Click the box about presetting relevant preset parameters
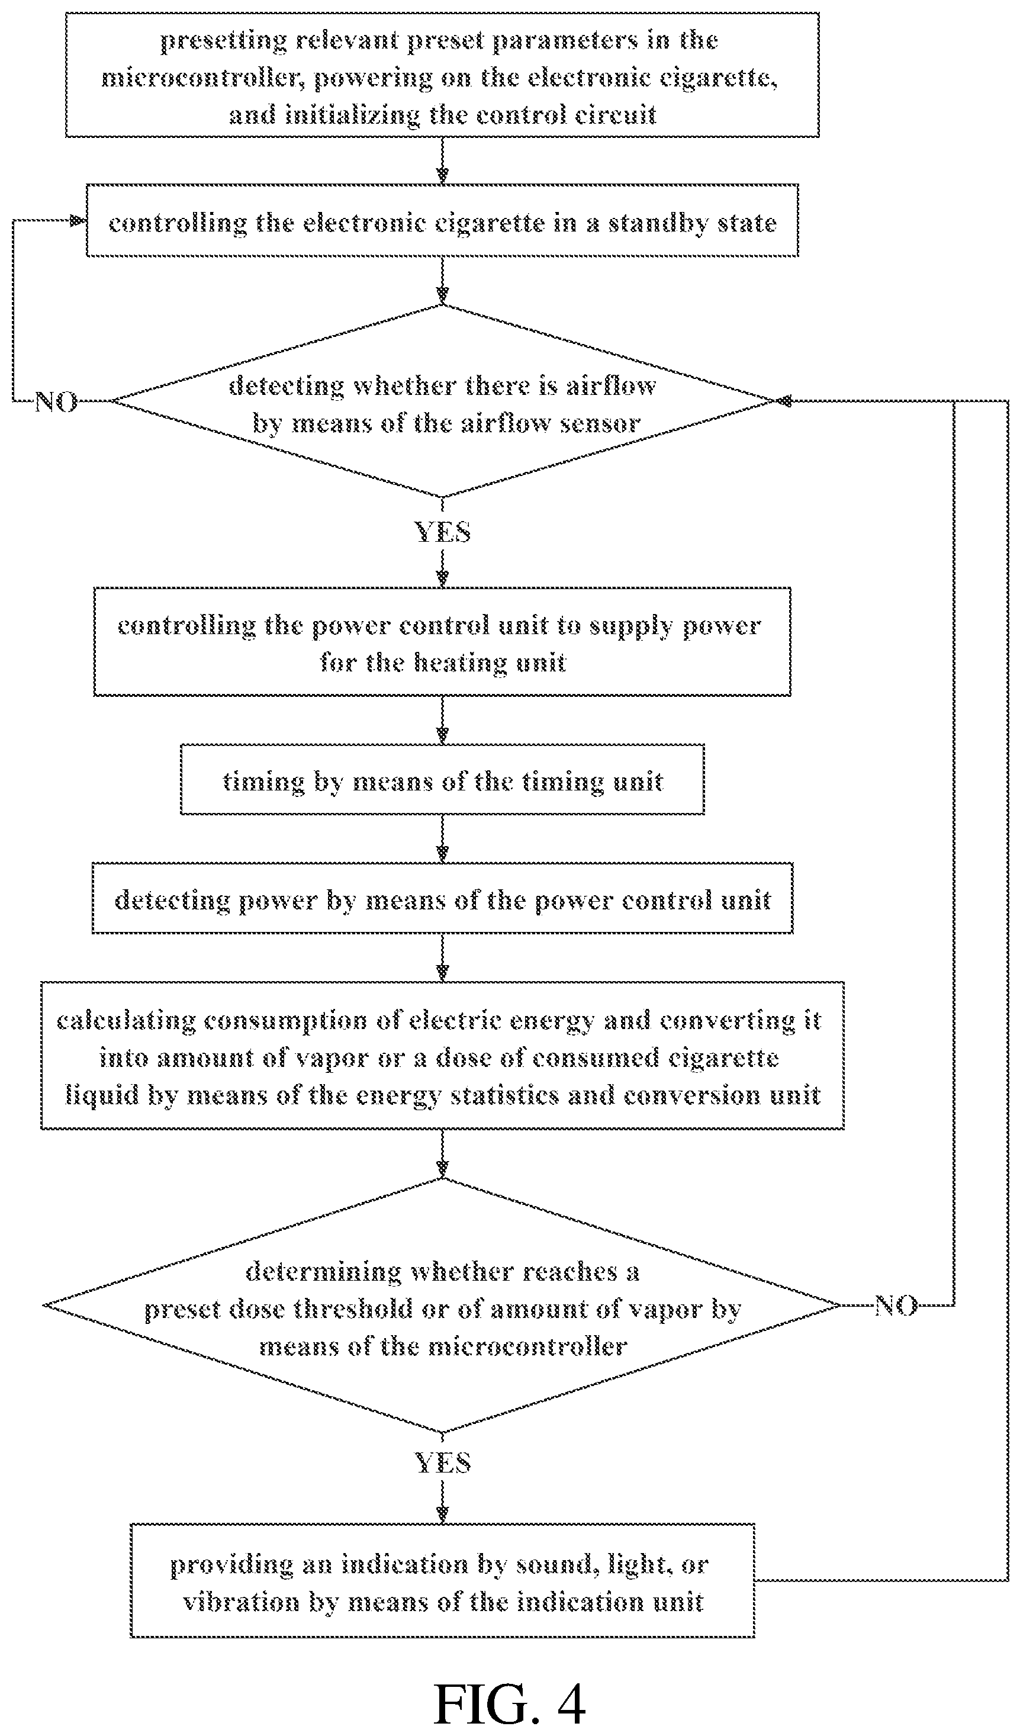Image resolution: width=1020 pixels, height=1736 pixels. tap(442, 75)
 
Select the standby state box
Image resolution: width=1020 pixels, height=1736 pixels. tap(442, 220)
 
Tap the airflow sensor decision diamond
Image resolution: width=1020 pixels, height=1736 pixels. tap(442, 400)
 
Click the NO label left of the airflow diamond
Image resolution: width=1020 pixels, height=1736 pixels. tap(56, 401)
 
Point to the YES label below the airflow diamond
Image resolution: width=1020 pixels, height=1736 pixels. tap(442, 532)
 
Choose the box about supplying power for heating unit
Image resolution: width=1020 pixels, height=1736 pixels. tap(442, 641)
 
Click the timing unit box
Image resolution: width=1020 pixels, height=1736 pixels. tap(442, 779)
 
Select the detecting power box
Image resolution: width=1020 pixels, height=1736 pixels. tap(442, 898)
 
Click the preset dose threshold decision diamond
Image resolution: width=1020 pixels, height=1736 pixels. tap(442, 1306)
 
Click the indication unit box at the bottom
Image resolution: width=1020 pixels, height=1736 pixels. tap(442, 1580)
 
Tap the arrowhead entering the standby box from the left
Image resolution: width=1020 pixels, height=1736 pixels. tap(79, 220)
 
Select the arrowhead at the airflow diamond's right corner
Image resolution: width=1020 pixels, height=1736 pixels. tap(784, 400)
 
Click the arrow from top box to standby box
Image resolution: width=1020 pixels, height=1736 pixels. tap(442, 160)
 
